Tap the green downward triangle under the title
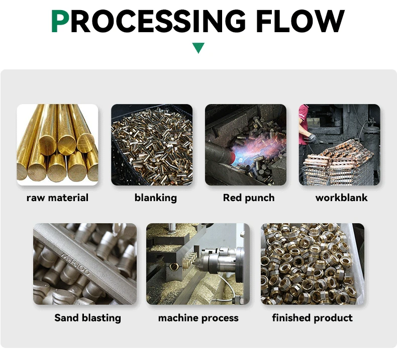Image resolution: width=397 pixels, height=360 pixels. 198,48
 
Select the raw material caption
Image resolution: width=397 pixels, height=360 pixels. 57,198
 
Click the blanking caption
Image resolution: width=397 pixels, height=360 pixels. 156,198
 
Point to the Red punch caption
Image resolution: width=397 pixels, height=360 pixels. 249,198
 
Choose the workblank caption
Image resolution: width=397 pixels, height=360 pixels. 341,198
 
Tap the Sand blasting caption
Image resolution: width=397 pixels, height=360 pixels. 87,318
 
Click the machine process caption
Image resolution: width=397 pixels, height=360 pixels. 198,318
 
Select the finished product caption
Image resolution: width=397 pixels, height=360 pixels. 312,318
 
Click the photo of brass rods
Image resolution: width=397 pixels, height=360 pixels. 57,145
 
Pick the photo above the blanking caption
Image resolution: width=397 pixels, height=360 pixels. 152,145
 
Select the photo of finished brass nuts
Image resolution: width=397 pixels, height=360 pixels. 312,263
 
